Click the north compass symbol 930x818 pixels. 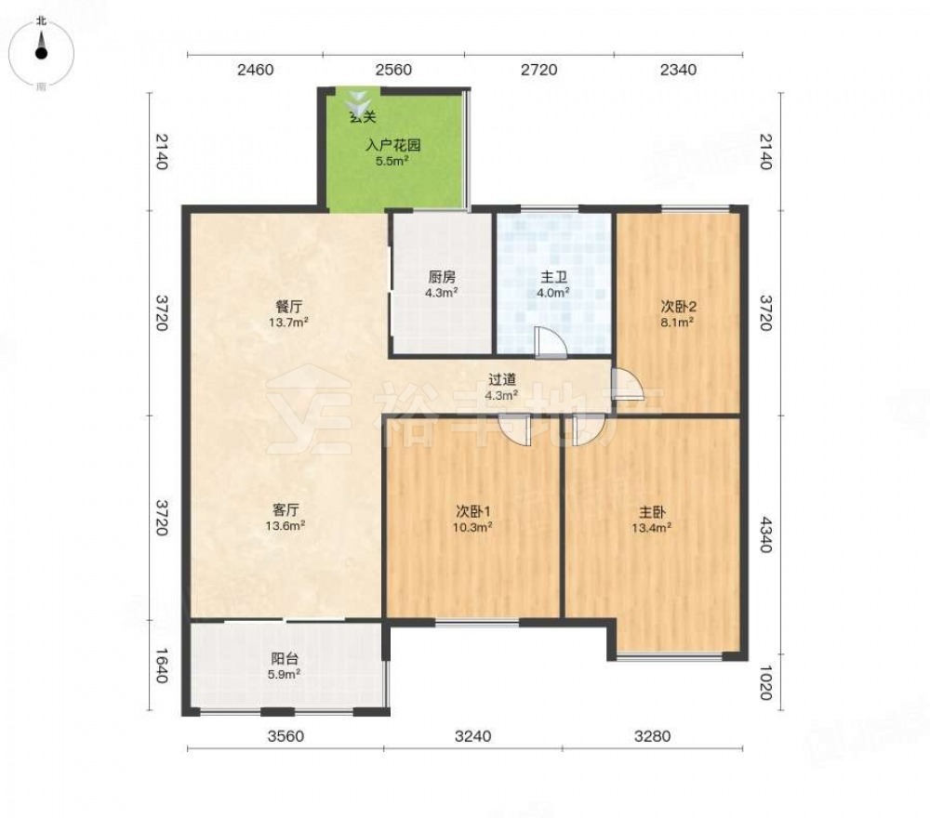tap(41, 53)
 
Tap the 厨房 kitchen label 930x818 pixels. tap(442, 277)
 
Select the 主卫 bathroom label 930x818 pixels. tap(554, 277)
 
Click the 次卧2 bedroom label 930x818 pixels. tap(679, 307)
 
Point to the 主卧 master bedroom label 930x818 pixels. tap(651, 511)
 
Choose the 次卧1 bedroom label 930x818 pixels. tap(472, 511)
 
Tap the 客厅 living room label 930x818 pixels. tap(286, 509)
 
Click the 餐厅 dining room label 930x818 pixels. tap(289, 307)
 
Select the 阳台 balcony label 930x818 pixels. tap(285, 658)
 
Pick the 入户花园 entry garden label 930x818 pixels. tap(392, 145)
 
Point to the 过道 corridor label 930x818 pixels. tap(502, 378)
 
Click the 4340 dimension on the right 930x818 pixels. tap(765, 534)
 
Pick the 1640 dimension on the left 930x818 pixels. tap(162, 665)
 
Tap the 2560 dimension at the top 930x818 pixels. tap(393, 70)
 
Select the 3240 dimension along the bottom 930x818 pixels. tap(472, 736)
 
